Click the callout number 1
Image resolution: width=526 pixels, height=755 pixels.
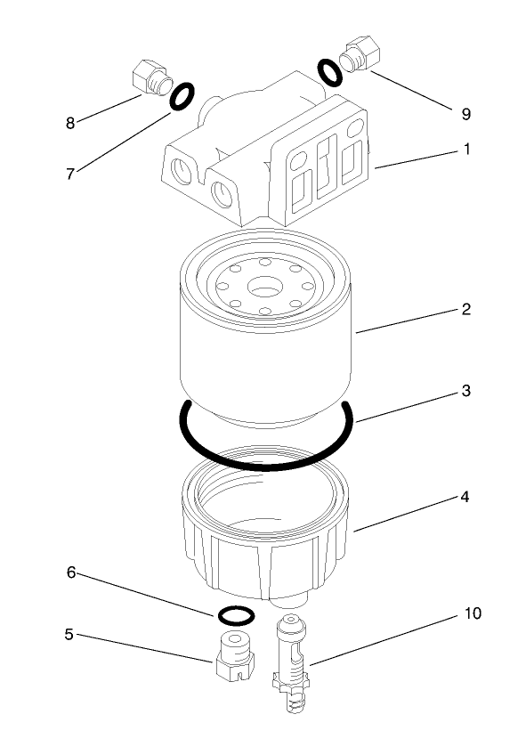pos(465,150)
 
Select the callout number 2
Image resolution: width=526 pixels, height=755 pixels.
pos(465,310)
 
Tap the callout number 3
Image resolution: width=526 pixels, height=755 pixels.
pos(465,391)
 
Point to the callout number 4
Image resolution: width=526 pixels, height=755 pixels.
pos(465,497)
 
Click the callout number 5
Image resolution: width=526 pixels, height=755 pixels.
pos(68,635)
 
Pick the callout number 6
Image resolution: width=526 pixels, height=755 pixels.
pos(71,573)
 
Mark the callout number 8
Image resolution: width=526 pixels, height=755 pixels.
pos(70,123)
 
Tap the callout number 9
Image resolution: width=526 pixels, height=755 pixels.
pos(465,114)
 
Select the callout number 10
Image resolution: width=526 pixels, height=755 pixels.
pos(471,614)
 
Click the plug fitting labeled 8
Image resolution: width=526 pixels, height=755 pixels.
pos(150,77)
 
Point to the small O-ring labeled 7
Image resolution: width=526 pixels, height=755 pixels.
pos(182,96)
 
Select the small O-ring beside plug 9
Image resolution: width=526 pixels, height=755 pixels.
pos(329,73)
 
